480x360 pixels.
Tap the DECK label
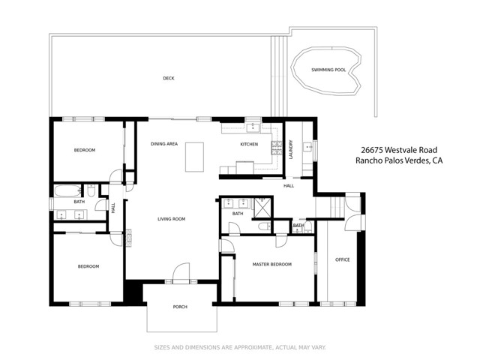coord(169,78)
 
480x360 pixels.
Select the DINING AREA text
coord(163,144)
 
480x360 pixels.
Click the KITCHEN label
coord(249,144)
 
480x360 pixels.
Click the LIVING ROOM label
coord(171,219)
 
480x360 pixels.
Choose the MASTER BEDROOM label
coord(271,265)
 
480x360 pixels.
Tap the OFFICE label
coord(342,259)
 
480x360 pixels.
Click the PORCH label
coord(179,307)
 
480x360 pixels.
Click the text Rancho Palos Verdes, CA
coord(397,160)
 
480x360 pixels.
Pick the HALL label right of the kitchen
coord(288,186)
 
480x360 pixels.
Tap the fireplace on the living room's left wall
coord(128,238)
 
